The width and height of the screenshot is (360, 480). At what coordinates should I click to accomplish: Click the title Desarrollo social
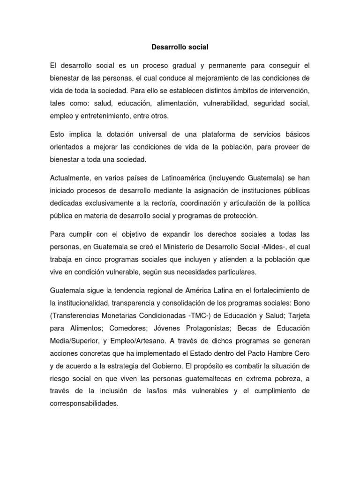(x=180, y=47)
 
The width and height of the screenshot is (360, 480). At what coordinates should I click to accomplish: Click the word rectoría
(x=163, y=204)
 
